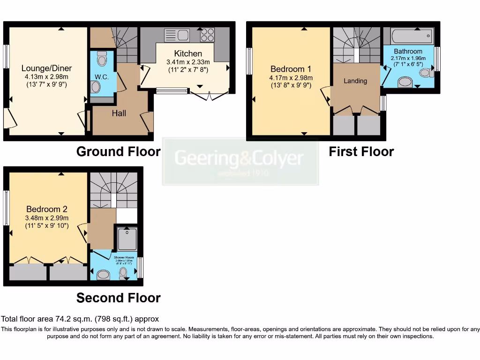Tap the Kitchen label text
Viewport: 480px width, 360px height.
[x=188, y=53]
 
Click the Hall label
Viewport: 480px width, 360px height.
[x=119, y=113]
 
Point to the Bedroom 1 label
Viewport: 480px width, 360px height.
[x=291, y=69]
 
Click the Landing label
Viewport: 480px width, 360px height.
[x=355, y=81]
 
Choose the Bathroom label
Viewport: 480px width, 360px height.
[x=408, y=51]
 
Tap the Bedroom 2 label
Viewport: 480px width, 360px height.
[x=43, y=209]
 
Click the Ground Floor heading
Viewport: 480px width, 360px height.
[x=118, y=151]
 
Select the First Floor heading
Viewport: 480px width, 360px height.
[x=361, y=151]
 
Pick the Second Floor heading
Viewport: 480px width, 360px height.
[x=118, y=298]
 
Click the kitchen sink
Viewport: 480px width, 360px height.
[x=177, y=35]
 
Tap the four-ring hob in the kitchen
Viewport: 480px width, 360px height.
[x=207, y=35]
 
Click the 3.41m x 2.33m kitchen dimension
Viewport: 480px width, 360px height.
[x=188, y=62]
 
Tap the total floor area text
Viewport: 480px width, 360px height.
[x=80, y=319]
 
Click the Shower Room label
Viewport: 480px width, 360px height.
[x=124, y=257]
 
